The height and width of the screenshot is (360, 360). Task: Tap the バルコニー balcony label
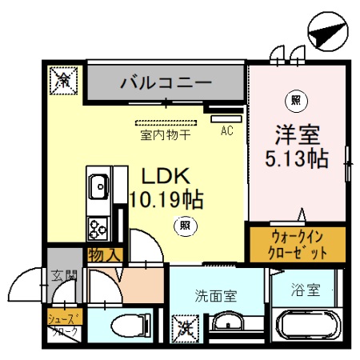[x=166, y=82]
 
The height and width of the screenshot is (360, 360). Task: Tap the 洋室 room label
[x=297, y=134]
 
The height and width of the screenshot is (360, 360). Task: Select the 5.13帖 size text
[x=297, y=158]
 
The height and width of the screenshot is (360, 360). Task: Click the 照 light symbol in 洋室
[x=295, y=101]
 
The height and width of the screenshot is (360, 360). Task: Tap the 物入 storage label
[x=105, y=256]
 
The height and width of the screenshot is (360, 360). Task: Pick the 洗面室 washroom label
[x=216, y=294]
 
